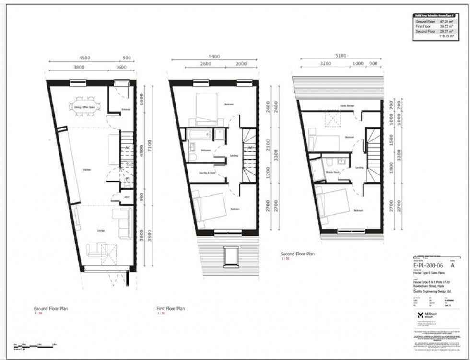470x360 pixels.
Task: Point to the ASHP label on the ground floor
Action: tap(114, 197)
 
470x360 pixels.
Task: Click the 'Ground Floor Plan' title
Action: tap(50, 309)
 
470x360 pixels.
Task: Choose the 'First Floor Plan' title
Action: tap(170, 309)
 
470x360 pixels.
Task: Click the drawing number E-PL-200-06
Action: tap(428, 265)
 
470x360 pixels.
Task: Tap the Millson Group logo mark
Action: tap(420, 315)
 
